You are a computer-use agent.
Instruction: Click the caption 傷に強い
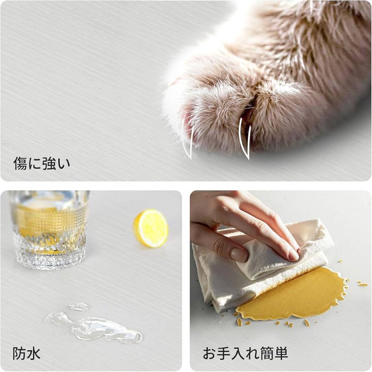42,163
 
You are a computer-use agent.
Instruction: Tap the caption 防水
27,353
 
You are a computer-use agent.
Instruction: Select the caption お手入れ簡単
245,353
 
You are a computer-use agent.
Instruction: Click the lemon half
151,228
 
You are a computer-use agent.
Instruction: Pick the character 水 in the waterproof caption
33,353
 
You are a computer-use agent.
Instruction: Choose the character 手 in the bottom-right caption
224,353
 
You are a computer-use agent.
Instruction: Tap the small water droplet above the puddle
79,306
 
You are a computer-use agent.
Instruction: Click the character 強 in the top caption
49,163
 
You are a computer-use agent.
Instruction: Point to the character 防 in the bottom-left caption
19,353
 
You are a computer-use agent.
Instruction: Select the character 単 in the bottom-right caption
281,353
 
